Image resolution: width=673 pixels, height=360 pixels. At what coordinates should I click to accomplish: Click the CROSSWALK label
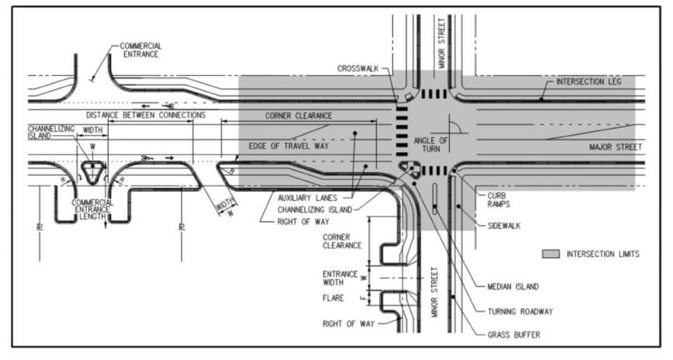(357, 68)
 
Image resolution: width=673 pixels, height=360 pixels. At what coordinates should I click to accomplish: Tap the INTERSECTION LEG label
(588, 81)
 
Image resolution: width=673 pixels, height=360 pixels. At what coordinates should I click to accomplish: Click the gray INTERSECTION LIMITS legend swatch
(550, 254)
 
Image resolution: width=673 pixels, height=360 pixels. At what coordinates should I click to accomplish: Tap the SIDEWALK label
(505, 226)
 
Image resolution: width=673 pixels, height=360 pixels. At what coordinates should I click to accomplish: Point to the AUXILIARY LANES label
(308, 197)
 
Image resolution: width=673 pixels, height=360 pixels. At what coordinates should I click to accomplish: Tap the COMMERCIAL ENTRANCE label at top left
(140, 50)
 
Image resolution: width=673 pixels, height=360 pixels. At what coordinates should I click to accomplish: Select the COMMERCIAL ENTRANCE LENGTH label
(92, 210)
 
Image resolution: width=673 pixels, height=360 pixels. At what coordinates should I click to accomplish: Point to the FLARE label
(336, 297)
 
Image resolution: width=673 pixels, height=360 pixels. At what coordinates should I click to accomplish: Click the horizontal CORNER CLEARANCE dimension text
(299, 115)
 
